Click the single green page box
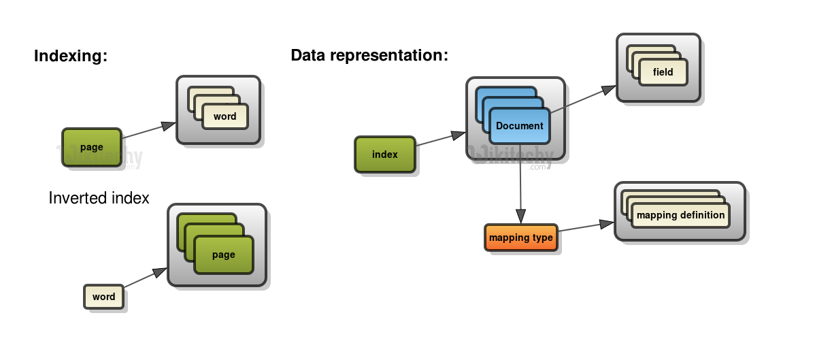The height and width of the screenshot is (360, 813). pos(92,148)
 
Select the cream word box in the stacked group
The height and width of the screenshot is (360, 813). pos(225,116)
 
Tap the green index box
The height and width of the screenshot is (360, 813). pos(385,154)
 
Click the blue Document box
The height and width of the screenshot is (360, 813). pos(519,126)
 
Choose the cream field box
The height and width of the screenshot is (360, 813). pos(663,72)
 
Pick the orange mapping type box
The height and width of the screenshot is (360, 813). pos(521,238)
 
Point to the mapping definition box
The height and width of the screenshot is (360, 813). pos(680,215)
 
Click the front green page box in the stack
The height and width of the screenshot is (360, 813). pos(223,255)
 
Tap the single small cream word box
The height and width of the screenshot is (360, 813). pos(104,297)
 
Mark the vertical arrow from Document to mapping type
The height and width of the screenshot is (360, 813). pos(520,184)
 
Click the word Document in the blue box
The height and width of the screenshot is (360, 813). pos(519,126)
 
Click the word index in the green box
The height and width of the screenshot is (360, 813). pos(385,154)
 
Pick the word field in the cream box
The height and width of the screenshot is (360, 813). pos(663,72)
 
